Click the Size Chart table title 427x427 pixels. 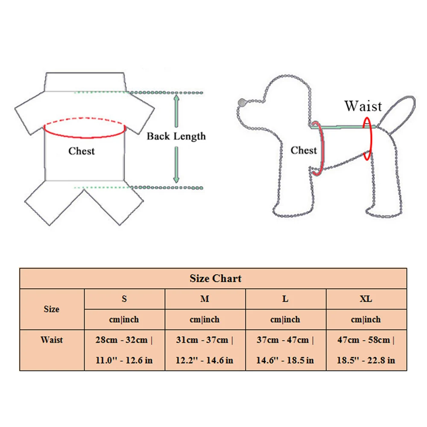[215, 279]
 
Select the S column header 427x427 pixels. [124, 299]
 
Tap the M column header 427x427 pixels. [205, 299]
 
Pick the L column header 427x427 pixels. [285, 299]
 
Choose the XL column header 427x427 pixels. [366, 299]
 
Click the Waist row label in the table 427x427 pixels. [52, 340]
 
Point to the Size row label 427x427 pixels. [52, 309]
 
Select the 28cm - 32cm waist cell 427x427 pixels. [124, 350]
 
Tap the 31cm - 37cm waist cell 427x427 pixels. [205, 350]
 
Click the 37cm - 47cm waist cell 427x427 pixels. [285, 350]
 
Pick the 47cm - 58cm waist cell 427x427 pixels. [366, 350]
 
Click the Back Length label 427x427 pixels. [176, 137]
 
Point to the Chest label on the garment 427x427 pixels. [82, 151]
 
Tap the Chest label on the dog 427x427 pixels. [304, 150]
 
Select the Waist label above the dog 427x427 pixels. [363, 105]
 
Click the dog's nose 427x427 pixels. [243, 102]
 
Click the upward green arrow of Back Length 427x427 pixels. [176, 107]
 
